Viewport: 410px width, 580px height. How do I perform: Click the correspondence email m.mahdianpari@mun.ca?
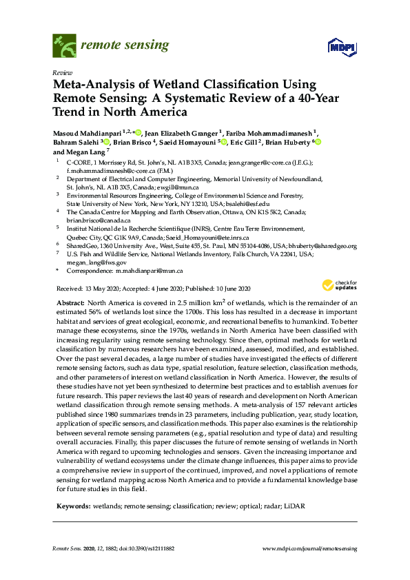150,271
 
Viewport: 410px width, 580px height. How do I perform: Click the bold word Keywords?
75,506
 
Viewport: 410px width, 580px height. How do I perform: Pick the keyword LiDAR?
293,506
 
